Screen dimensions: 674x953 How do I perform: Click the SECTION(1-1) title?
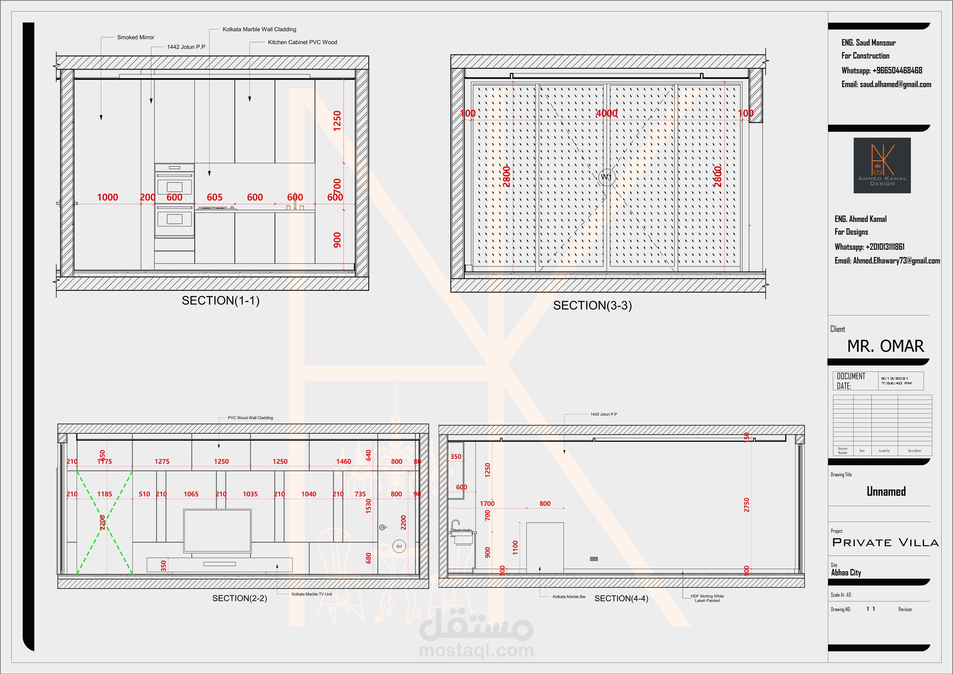[x=220, y=301]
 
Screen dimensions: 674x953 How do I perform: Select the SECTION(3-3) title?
[x=592, y=306]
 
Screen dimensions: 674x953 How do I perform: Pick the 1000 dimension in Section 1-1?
[x=107, y=197]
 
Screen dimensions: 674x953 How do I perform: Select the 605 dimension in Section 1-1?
[x=215, y=197]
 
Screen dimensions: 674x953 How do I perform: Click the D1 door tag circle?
[x=399, y=546]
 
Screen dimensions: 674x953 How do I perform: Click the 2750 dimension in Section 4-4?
[x=746, y=505]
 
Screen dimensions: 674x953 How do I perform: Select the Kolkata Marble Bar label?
[x=569, y=597]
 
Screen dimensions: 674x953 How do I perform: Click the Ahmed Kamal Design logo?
[x=882, y=165]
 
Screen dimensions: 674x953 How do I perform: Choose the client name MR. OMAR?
[x=885, y=346]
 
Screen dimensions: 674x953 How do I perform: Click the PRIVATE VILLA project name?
[x=885, y=542]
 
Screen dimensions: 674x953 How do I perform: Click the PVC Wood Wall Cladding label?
[x=250, y=418]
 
